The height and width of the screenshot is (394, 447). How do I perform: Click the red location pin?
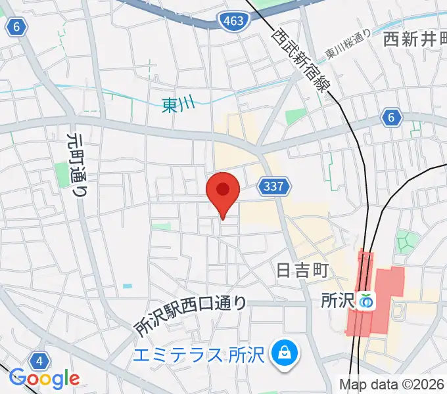tap(223, 191)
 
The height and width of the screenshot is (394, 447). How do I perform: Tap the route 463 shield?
tap(234, 22)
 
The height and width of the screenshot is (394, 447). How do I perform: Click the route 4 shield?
tap(39, 361)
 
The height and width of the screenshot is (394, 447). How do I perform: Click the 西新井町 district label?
tap(414, 39)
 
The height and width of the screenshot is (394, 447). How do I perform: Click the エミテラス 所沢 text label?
tap(198, 356)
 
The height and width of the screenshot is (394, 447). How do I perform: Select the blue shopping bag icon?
tap(285, 353)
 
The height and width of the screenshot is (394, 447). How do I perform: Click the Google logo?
tap(45, 378)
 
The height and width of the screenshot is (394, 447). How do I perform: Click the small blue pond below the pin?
tap(127, 286)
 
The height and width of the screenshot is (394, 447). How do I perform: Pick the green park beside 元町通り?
tap(63, 174)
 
